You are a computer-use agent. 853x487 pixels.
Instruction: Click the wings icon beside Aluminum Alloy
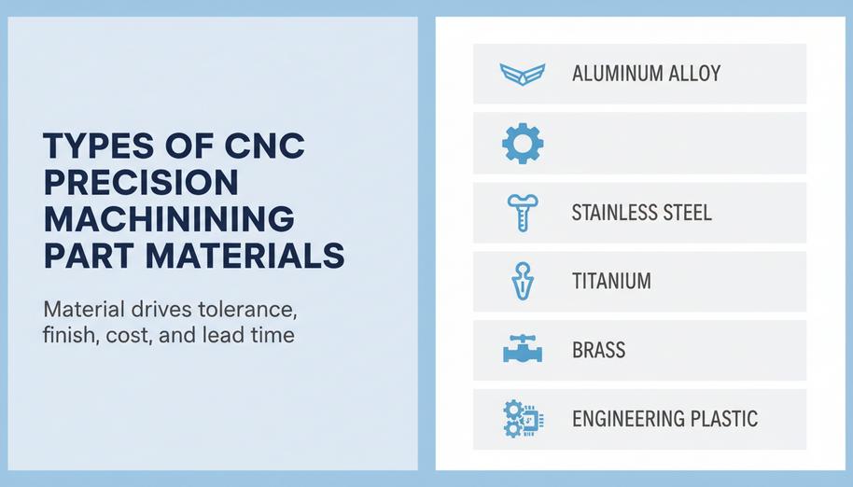pyautogui.click(x=522, y=74)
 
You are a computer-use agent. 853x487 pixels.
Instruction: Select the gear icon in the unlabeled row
pyautogui.click(x=522, y=143)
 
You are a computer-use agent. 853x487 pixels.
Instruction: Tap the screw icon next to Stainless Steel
pyautogui.click(x=520, y=212)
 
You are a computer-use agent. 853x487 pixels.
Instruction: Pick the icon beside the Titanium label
pyautogui.click(x=521, y=281)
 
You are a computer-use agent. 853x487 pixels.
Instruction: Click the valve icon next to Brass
pyautogui.click(x=522, y=350)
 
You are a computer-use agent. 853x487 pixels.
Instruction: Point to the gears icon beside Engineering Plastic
pyautogui.click(x=519, y=418)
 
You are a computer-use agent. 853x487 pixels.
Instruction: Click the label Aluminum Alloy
pyautogui.click(x=646, y=74)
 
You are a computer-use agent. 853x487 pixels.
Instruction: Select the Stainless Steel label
pyautogui.click(x=641, y=212)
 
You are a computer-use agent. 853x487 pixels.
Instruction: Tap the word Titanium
pyautogui.click(x=611, y=281)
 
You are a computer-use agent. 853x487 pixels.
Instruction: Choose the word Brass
pyautogui.click(x=598, y=350)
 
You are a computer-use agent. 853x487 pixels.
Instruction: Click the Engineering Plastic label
pyautogui.click(x=664, y=418)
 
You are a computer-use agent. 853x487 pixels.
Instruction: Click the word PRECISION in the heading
pyautogui.click(x=140, y=183)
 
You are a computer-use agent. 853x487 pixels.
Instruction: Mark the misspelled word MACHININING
pyautogui.click(x=168, y=218)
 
